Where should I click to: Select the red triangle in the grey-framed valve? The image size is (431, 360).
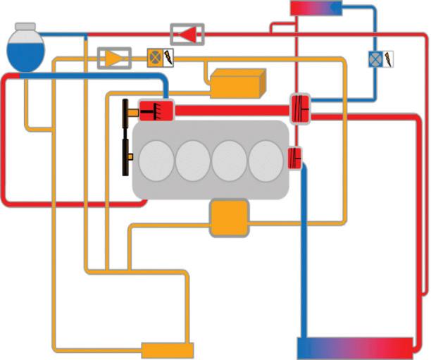[187, 34]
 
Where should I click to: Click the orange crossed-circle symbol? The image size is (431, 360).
[154, 57]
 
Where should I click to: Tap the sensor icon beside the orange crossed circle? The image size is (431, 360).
[169, 57]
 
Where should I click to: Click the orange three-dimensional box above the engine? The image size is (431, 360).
[238, 82]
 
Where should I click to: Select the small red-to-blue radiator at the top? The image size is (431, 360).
[316, 8]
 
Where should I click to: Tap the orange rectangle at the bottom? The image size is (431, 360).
[168, 349]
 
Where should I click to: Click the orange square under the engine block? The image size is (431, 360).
[230, 218]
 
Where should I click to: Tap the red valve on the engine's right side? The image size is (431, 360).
[295, 156]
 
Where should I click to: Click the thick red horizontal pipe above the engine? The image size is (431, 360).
[232, 110]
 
